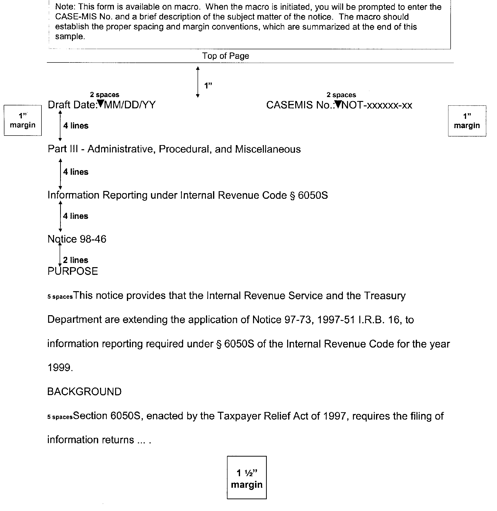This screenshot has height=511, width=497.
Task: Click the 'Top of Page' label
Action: pyautogui.click(x=226, y=56)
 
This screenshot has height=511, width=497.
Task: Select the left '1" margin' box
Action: pyautogui.click(x=23, y=120)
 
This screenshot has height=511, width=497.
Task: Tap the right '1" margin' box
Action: pyautogui.click(x=467, y=121)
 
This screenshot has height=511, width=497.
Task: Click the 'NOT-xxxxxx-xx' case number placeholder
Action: pyautogui.click(x=377, y=105)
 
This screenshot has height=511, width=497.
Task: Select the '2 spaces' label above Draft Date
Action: pyautogui.click(x=104, y=94)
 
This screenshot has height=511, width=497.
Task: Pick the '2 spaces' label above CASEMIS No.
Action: pyautogui.click(x=341, y=95)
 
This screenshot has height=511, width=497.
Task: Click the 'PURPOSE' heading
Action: pyautogui.click(x=73, y=271)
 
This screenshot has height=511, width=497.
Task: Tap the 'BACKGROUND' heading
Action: pyautogui.click(x=84, y=392)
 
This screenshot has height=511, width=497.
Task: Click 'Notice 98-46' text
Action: pyautogui.click(x=77, y=239)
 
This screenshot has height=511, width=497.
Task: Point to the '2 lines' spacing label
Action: pyautogui.click(x=75, y=260)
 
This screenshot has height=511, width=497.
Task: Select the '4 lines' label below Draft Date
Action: pyautogui.click(x=76, y=126)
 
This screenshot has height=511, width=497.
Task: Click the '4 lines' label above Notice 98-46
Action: pyautogui.click(x=75, y=216)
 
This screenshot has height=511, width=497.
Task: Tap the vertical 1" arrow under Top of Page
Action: pyautogui.click(x=198, y=82)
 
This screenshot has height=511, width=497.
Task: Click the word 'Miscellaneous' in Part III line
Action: pyautogui.click(x=268, y=149)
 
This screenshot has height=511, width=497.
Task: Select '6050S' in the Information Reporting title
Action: pyautogui.click(x=313, y=195)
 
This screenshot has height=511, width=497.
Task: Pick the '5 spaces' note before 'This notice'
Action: pyautogui.click(x=60, y=297)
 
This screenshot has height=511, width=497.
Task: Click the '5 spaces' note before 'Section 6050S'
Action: pyautogui.click(x=60, y=417)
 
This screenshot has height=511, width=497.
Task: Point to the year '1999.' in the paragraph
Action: pyautogui.click(x=60, y=368)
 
